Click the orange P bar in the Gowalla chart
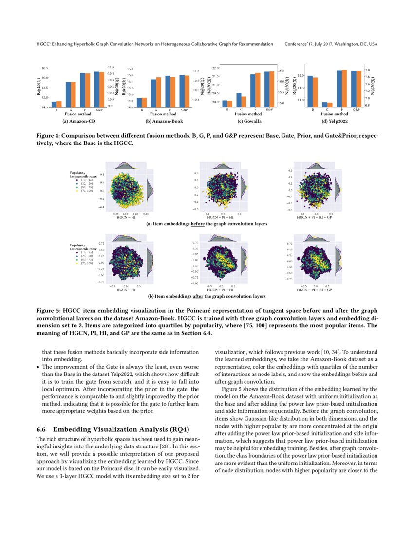click(258, 90)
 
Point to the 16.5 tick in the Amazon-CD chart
click(44, 68)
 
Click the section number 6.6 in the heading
click(41, 429)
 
